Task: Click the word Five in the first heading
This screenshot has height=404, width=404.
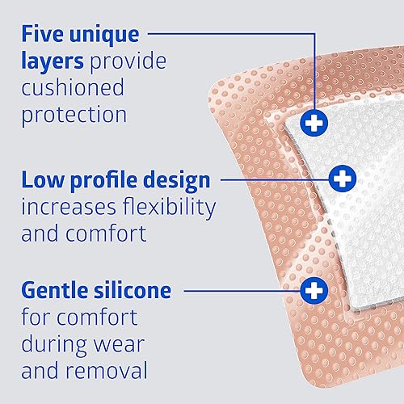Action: point(45,36)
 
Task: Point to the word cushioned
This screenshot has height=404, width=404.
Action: point(73,87)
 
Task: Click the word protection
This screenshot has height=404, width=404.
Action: point(74,114)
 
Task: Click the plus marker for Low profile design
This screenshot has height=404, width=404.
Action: point(343,177)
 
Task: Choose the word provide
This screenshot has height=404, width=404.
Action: point(140,61)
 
